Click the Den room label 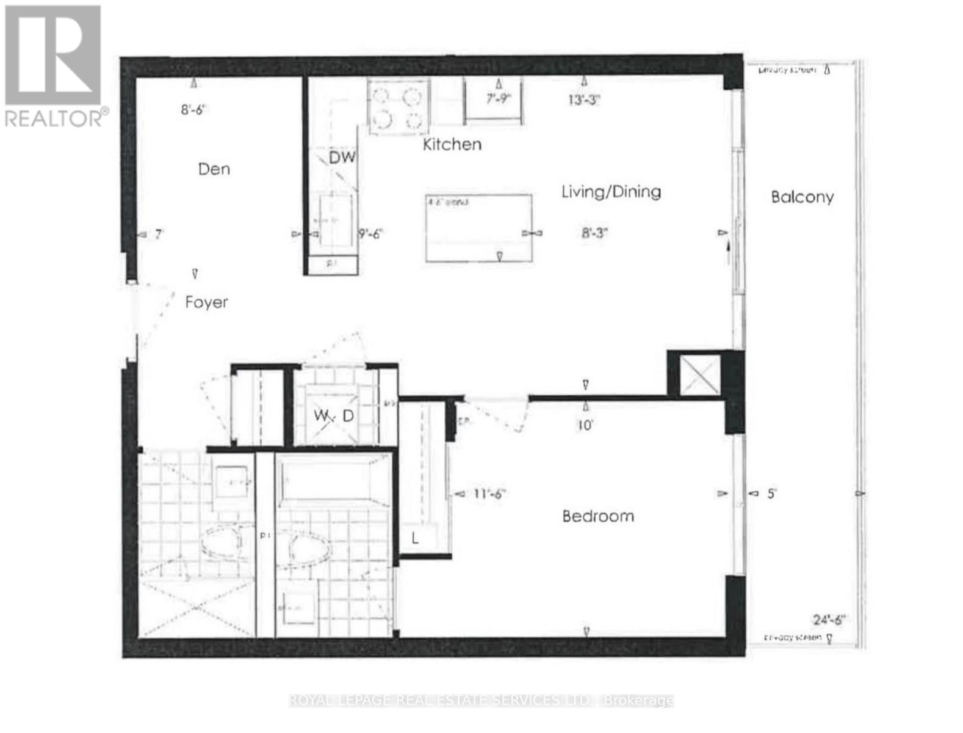(x=214, y=169)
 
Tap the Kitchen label (x=452, y=144)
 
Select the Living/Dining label (x=611, y=192)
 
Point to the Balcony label (x=802, y=197)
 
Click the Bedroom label (x=598, y=516)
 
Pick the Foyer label (x=206, y=302)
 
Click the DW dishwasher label (x=342, y=158)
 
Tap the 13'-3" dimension (x=584, y=100)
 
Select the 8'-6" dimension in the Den (x=194, y=110)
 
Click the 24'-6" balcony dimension (x=829, y=619)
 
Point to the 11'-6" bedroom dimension (x=489, y=494)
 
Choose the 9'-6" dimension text (x=370, y=233)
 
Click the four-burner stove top (x=398, y=107)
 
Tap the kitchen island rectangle (x=478, y=228)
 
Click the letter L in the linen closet (x=415, y=538)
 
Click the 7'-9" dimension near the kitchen (x=498, y=98)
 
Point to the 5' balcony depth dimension (x=771, y=494)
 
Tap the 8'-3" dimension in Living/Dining (x=595, y=233)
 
